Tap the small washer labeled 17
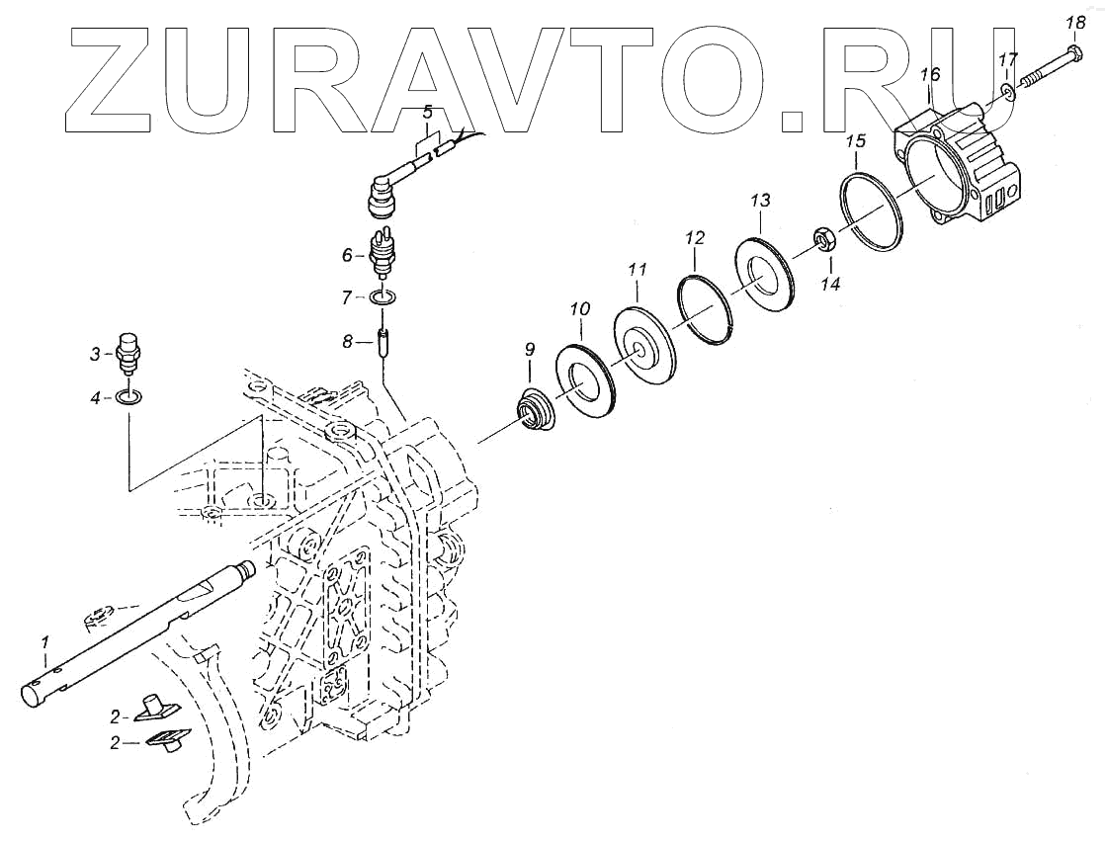[x=1005, y=92]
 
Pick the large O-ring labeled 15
[x=874, y=210]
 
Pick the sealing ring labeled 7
[x=384, y=296]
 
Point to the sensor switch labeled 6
[x=379, y=253]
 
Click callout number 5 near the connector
[x=428, y=111]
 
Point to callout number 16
[x=929, y=74]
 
